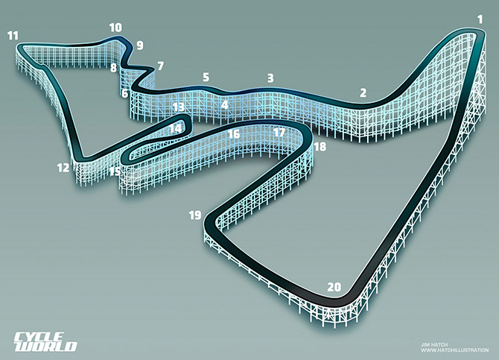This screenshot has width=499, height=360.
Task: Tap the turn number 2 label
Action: coord(363,93)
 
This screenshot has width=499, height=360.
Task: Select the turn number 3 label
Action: coord(270,78)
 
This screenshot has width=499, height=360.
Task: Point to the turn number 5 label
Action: coord(206,77)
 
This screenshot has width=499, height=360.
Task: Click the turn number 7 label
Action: coord(160,66)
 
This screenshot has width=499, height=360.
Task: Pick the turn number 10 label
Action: coord(115,28)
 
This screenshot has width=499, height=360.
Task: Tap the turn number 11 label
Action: coord(12,35)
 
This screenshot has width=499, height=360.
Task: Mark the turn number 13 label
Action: coord(178,107)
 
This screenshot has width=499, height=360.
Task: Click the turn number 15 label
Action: coord(115,171)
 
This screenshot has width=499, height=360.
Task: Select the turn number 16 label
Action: coord(234,135)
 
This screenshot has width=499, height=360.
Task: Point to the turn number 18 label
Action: coord(320,147)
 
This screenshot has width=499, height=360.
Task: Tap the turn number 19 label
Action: coord(195,215)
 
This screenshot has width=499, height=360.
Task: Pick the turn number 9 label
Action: coord(139,45)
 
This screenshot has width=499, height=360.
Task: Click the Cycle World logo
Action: coord(45,340)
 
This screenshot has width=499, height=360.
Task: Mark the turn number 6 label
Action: coord(124,94)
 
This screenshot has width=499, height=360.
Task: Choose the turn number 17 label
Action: coord(279,133)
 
